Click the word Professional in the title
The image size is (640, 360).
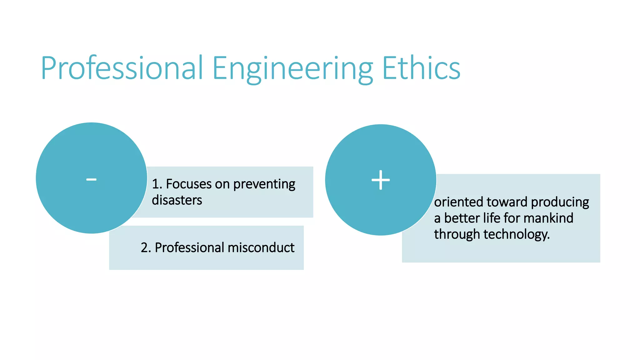pos(122,68)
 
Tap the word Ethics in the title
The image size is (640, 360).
pos(421,68)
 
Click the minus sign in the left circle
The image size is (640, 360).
pos(91,179)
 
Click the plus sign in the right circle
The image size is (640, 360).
pos(381,180)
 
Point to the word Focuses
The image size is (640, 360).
pos(188,184)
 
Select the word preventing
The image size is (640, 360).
pos(264,184)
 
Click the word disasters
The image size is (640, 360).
pos(177,200)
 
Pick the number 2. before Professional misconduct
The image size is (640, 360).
pos(146,247)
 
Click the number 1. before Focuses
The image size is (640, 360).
pos(157,184)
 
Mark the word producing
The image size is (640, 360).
pos(560,202)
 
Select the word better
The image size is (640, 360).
pos(462,218)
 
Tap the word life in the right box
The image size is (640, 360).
pos(492,218)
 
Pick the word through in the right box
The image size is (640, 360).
pos(457,234)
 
